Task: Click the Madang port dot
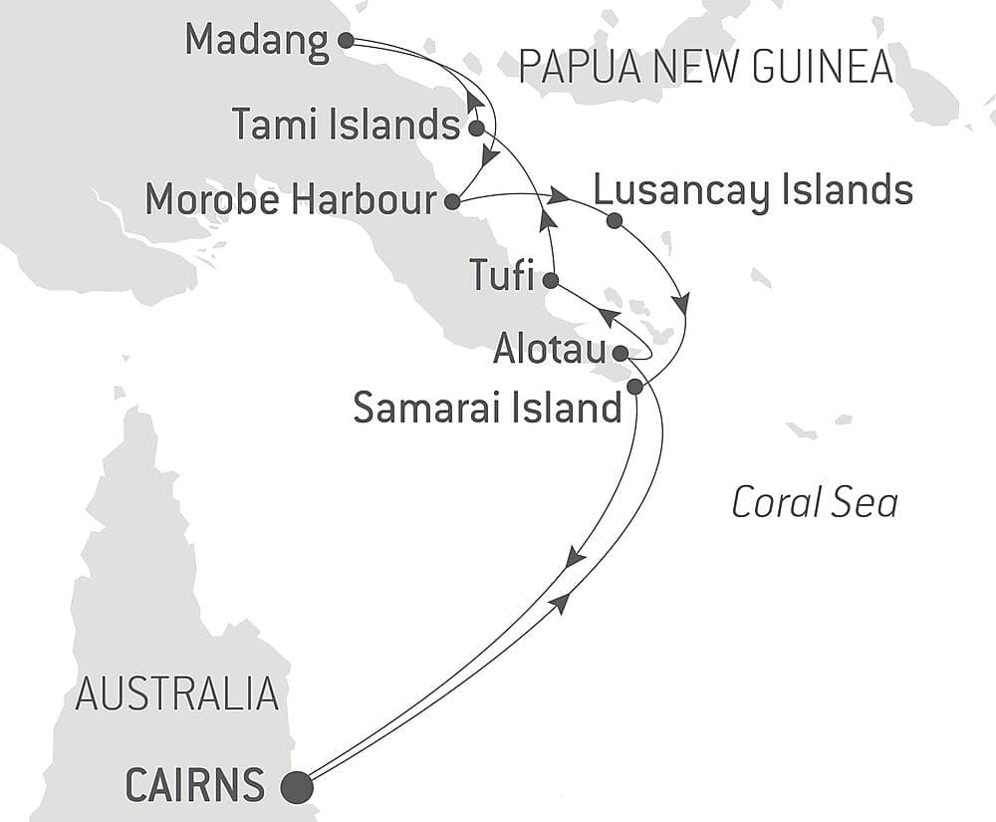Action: coord(346,40)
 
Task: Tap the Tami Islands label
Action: coord(345,126)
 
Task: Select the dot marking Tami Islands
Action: coord(476,128)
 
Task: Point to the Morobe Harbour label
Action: coord(290,200)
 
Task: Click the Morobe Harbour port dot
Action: coord(451,202)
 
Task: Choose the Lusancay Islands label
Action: coord(752,189)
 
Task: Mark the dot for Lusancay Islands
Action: coord(614,220)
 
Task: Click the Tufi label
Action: coord(502,276)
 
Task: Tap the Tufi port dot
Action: coord(550,280)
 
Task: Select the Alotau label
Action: coord(550,351)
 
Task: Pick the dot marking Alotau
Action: coord(620,353)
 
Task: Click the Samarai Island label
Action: coord(487,409)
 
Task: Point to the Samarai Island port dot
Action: coord(634,387)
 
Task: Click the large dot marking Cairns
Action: coord(297,787)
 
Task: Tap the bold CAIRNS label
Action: coord(195,786)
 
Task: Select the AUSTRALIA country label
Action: coord(176,693)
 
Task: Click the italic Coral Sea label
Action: coord(814,503)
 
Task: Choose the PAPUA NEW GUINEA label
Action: coord(705,67)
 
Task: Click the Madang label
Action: coord(256,42)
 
